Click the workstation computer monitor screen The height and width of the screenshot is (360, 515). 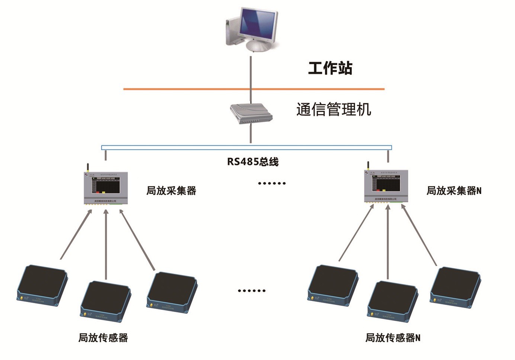click(258, 24)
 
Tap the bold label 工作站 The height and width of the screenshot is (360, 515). click(330, 68)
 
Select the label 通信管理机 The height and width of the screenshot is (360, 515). click(334, 110)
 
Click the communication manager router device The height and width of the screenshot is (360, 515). click(251, 114)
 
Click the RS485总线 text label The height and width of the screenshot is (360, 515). click(253, 162)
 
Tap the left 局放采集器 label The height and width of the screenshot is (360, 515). click(171, 191)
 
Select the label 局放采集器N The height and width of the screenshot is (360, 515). click(454, 191)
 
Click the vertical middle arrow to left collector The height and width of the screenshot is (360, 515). click(106, 245)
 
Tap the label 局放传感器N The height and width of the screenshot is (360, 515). click(393, 338)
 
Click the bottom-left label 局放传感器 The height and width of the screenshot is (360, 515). click(103, 338)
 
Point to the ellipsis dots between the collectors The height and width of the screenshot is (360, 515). click(272, 183)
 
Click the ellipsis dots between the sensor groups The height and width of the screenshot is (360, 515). click(252, 291)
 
